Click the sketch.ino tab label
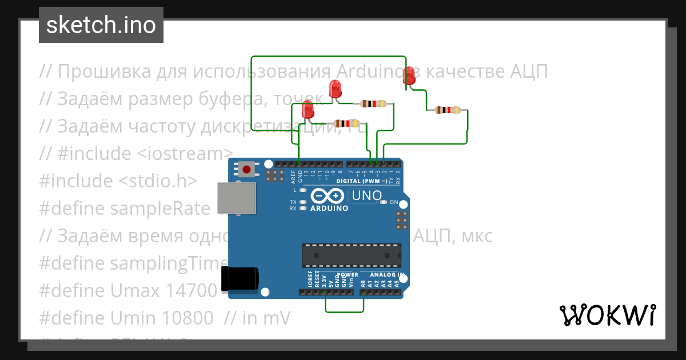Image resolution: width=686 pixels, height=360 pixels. (x=101, y=25)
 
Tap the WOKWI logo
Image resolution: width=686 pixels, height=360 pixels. (x=607, y=315)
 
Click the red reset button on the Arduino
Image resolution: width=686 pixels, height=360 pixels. (x=247, y=169)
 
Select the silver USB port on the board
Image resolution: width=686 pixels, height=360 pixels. (x=236, y=198)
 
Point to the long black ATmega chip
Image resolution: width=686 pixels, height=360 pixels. (x=351, y=255)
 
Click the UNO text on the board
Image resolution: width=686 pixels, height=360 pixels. (x=366, y=195)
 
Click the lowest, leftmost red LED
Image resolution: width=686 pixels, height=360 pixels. (x=308, y=109)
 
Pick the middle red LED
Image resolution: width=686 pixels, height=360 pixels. (x=336, y=89)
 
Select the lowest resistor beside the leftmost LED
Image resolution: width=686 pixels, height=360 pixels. (x=346, y=123)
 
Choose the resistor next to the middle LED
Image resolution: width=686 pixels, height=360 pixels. (x=373, y=103)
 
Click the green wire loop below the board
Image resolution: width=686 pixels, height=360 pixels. (x=344, y=312)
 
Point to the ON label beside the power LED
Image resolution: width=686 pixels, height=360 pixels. (x=394, y=202)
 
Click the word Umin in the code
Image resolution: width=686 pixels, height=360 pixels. (x=138, y=319)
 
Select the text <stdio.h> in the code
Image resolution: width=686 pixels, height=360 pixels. (x=158, y=181)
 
